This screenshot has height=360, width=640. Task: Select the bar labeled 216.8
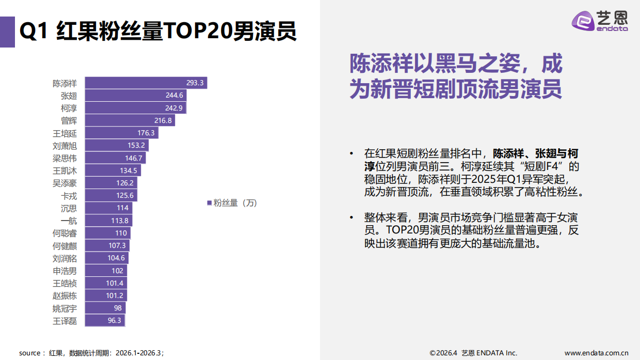click(130, 120)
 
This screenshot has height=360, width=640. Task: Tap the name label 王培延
click(65, 133)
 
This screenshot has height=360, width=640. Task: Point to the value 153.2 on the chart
click(136, 146)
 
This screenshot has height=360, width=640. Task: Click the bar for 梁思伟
click(115, 158)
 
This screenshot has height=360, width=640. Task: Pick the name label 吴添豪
click(65, 183)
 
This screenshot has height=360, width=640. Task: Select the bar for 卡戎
click(110, 195)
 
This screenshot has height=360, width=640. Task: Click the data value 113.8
click(120, 221)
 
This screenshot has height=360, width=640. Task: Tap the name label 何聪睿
click(65, 233)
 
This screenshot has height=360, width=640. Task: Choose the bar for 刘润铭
click(106, 258)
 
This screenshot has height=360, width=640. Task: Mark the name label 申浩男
click(65, 271)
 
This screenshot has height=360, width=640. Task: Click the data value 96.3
click(115, 320)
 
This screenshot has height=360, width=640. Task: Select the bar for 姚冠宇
click(105, 308)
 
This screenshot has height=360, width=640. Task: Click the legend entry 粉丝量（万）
click(232, 203)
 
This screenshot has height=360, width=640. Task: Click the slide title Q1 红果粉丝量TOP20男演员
click(158, 32)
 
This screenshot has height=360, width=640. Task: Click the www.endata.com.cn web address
click(596, 353)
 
